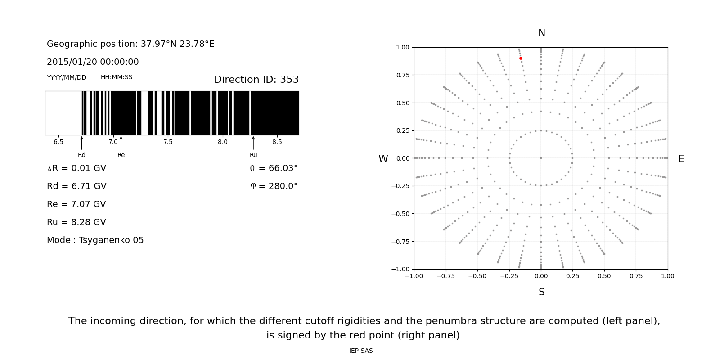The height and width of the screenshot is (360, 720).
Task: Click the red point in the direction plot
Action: point(521,58)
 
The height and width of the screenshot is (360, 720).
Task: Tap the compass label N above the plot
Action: point(541,33)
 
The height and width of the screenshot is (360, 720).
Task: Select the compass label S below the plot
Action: point(541,292)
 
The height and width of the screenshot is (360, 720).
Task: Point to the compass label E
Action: point(681,159)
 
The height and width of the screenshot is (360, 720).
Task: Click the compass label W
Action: point(383,159)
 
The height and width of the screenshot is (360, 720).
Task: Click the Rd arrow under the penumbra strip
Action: point(81,143)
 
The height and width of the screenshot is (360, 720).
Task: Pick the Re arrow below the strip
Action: point(121,143)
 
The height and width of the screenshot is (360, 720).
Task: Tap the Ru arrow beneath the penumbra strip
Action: point(253,143)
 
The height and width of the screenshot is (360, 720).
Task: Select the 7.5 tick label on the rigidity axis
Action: point(168,142)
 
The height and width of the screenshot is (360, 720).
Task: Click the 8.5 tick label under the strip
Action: point(277,142)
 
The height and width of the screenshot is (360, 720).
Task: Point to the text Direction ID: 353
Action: point(256,80)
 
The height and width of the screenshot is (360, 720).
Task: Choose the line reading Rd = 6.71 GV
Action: point(76,186)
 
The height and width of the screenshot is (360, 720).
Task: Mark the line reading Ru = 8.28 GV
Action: point(76,222)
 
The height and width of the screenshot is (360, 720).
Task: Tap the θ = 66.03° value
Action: point(274,168)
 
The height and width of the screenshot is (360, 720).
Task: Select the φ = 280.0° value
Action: point(274,186)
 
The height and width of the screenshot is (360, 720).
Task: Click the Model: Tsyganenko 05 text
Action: point(95,240)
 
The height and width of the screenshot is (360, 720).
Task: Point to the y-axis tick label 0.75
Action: point(402,75)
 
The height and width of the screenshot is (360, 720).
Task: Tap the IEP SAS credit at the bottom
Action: point(361,351)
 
